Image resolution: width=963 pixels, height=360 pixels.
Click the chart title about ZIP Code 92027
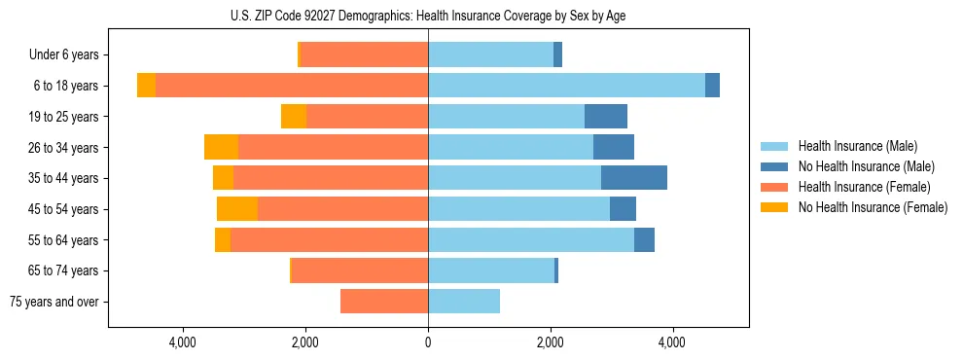(x=428, y=16)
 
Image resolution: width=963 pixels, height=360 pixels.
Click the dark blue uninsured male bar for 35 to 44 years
(x=634, y=178)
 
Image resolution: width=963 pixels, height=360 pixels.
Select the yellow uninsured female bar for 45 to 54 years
(x=237, y=209)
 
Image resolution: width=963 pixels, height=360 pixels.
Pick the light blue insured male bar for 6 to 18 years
(x=566, y=86)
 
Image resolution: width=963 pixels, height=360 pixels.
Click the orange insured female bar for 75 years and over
(x=384, y=302)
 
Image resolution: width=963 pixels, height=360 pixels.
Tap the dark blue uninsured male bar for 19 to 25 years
(x=606, y=117)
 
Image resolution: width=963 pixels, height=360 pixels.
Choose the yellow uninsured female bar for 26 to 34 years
(x=222, y=147)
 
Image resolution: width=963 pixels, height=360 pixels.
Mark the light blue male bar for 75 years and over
(x=464, y=302)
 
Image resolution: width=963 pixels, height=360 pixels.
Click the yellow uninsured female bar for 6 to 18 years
(x=146, y=86)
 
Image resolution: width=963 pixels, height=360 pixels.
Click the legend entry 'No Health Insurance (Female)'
(x=873, y=207)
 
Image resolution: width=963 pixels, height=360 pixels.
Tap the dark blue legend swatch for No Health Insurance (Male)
(x=774, y=167)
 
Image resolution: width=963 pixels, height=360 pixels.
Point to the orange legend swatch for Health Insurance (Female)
(x=774, y=187)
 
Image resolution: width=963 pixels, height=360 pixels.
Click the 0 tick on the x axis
(x=428, y=342)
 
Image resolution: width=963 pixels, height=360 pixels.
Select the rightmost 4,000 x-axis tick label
(x=672, y=342)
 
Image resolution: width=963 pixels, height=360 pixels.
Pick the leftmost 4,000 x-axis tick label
(x=184, y=342)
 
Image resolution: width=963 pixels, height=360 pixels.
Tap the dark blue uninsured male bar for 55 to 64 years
(x=644, y=239)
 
